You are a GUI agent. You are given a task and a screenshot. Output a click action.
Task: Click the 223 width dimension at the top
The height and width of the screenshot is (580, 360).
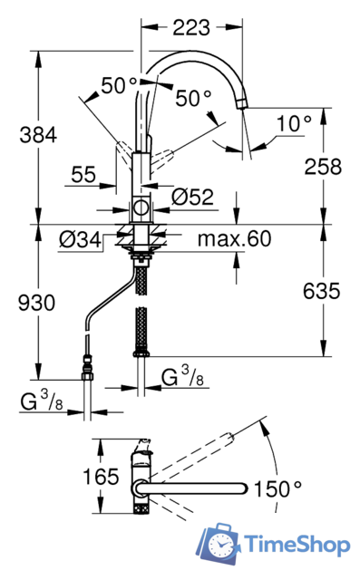(x=191, y=28)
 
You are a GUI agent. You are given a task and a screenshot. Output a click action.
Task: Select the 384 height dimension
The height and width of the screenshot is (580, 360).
(x=38, y=135)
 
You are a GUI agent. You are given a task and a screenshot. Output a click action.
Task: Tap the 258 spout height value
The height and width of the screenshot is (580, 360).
(x=323, y=167)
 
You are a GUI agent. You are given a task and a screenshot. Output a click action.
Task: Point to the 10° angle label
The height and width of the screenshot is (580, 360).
(x=294, y=123)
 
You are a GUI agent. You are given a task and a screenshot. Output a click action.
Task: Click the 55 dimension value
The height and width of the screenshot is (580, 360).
(x=83, y=174)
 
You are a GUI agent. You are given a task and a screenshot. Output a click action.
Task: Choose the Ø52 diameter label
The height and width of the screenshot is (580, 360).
(x=193, y=197)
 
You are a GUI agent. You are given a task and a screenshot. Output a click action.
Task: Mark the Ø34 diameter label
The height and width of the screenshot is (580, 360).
(x=80, y=239)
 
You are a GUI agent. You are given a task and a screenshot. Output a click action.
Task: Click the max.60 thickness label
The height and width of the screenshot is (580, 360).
(x=235, y=238)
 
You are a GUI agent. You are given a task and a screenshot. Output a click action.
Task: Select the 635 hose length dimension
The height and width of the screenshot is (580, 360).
(x=321, y=291)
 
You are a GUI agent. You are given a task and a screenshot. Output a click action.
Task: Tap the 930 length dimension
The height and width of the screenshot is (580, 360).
(x=36, y=303)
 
